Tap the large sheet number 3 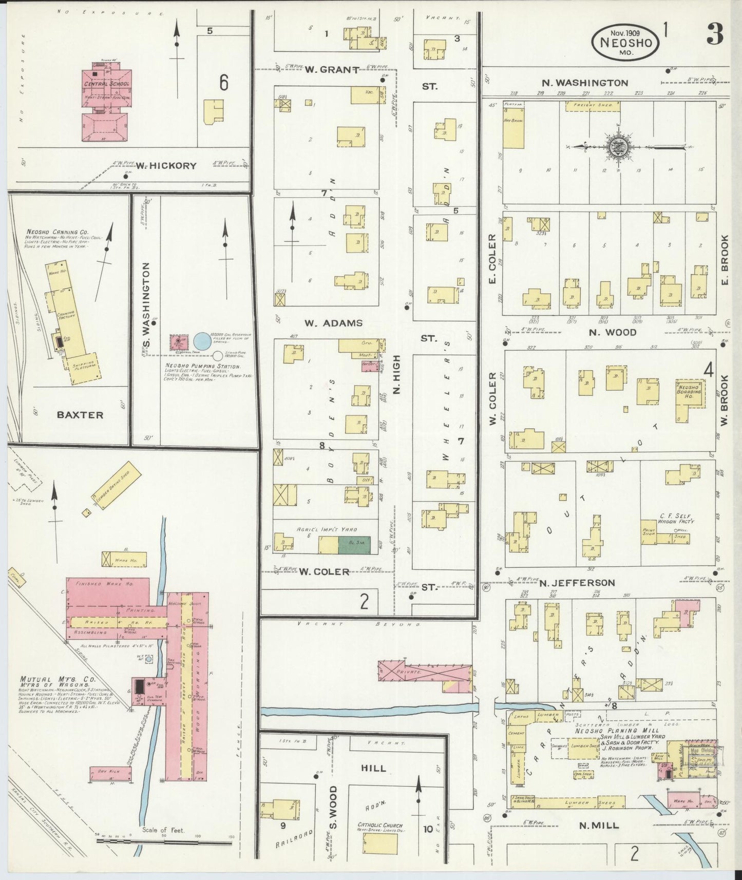point(715,35)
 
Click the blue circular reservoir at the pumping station point(201,340)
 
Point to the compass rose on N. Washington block point(615,148)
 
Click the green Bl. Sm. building point(354,545)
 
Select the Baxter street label point(80,415)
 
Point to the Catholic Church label point(380,826)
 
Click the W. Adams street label point(333,323)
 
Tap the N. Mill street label point(598,826)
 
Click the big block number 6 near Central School point(224,82)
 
